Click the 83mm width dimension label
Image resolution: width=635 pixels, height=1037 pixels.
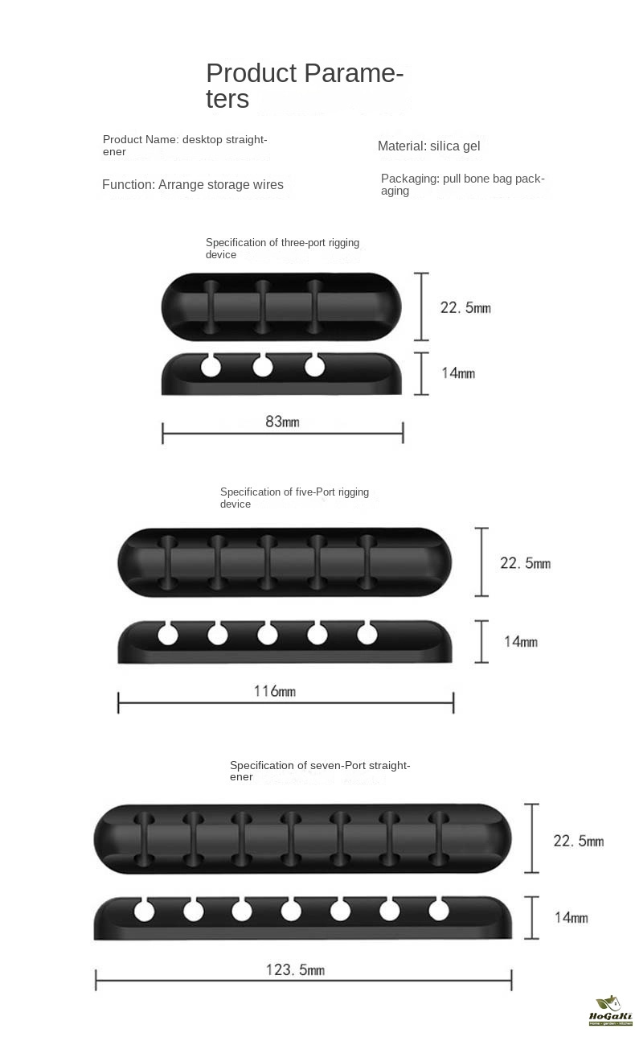(282, 422)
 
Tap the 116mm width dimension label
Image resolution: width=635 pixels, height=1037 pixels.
(274, 691)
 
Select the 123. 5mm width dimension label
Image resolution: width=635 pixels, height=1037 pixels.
(295, 969)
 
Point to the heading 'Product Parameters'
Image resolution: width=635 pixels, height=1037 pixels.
(305, 85)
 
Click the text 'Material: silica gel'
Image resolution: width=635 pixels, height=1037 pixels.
(428, 146)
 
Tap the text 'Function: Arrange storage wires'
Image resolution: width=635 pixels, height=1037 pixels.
(192, 184)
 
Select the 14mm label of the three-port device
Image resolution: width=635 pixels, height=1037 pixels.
(458, 372)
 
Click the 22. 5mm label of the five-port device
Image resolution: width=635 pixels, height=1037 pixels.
(525, 563)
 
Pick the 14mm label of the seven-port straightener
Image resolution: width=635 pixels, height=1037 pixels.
(571, 917)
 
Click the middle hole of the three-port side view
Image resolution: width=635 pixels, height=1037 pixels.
(262, 367)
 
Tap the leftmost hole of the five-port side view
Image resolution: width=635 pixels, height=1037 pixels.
(168, 634)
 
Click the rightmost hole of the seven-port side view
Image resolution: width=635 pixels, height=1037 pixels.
(438, 910)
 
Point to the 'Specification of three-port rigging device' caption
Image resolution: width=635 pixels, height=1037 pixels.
(282, 248)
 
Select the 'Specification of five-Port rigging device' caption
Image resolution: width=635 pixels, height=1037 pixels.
(294, 498)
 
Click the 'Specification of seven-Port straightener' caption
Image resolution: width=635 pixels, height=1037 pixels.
(320, 771)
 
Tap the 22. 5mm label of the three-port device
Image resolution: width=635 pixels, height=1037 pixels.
(465, 307)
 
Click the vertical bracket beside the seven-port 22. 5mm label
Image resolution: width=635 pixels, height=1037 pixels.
(532, 838)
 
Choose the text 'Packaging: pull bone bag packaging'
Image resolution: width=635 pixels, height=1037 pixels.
(462, 184)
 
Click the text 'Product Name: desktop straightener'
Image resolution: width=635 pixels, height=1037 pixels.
(185, 146)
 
